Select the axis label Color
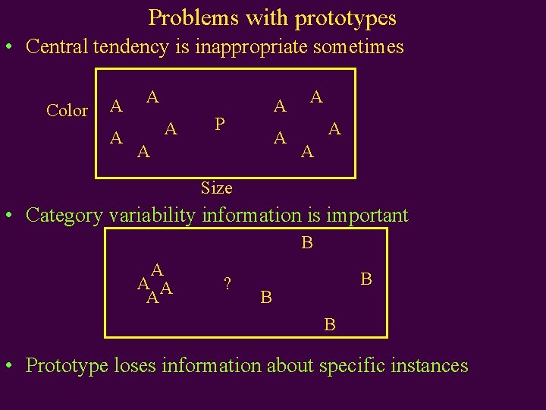(67, 111)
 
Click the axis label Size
(216, 188)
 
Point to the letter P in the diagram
(219, 123)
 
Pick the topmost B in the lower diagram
(306, 243)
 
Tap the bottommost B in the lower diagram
(329, 325)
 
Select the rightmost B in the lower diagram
(366, 279)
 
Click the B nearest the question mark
(265, 297)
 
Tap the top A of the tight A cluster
(158, 270)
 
